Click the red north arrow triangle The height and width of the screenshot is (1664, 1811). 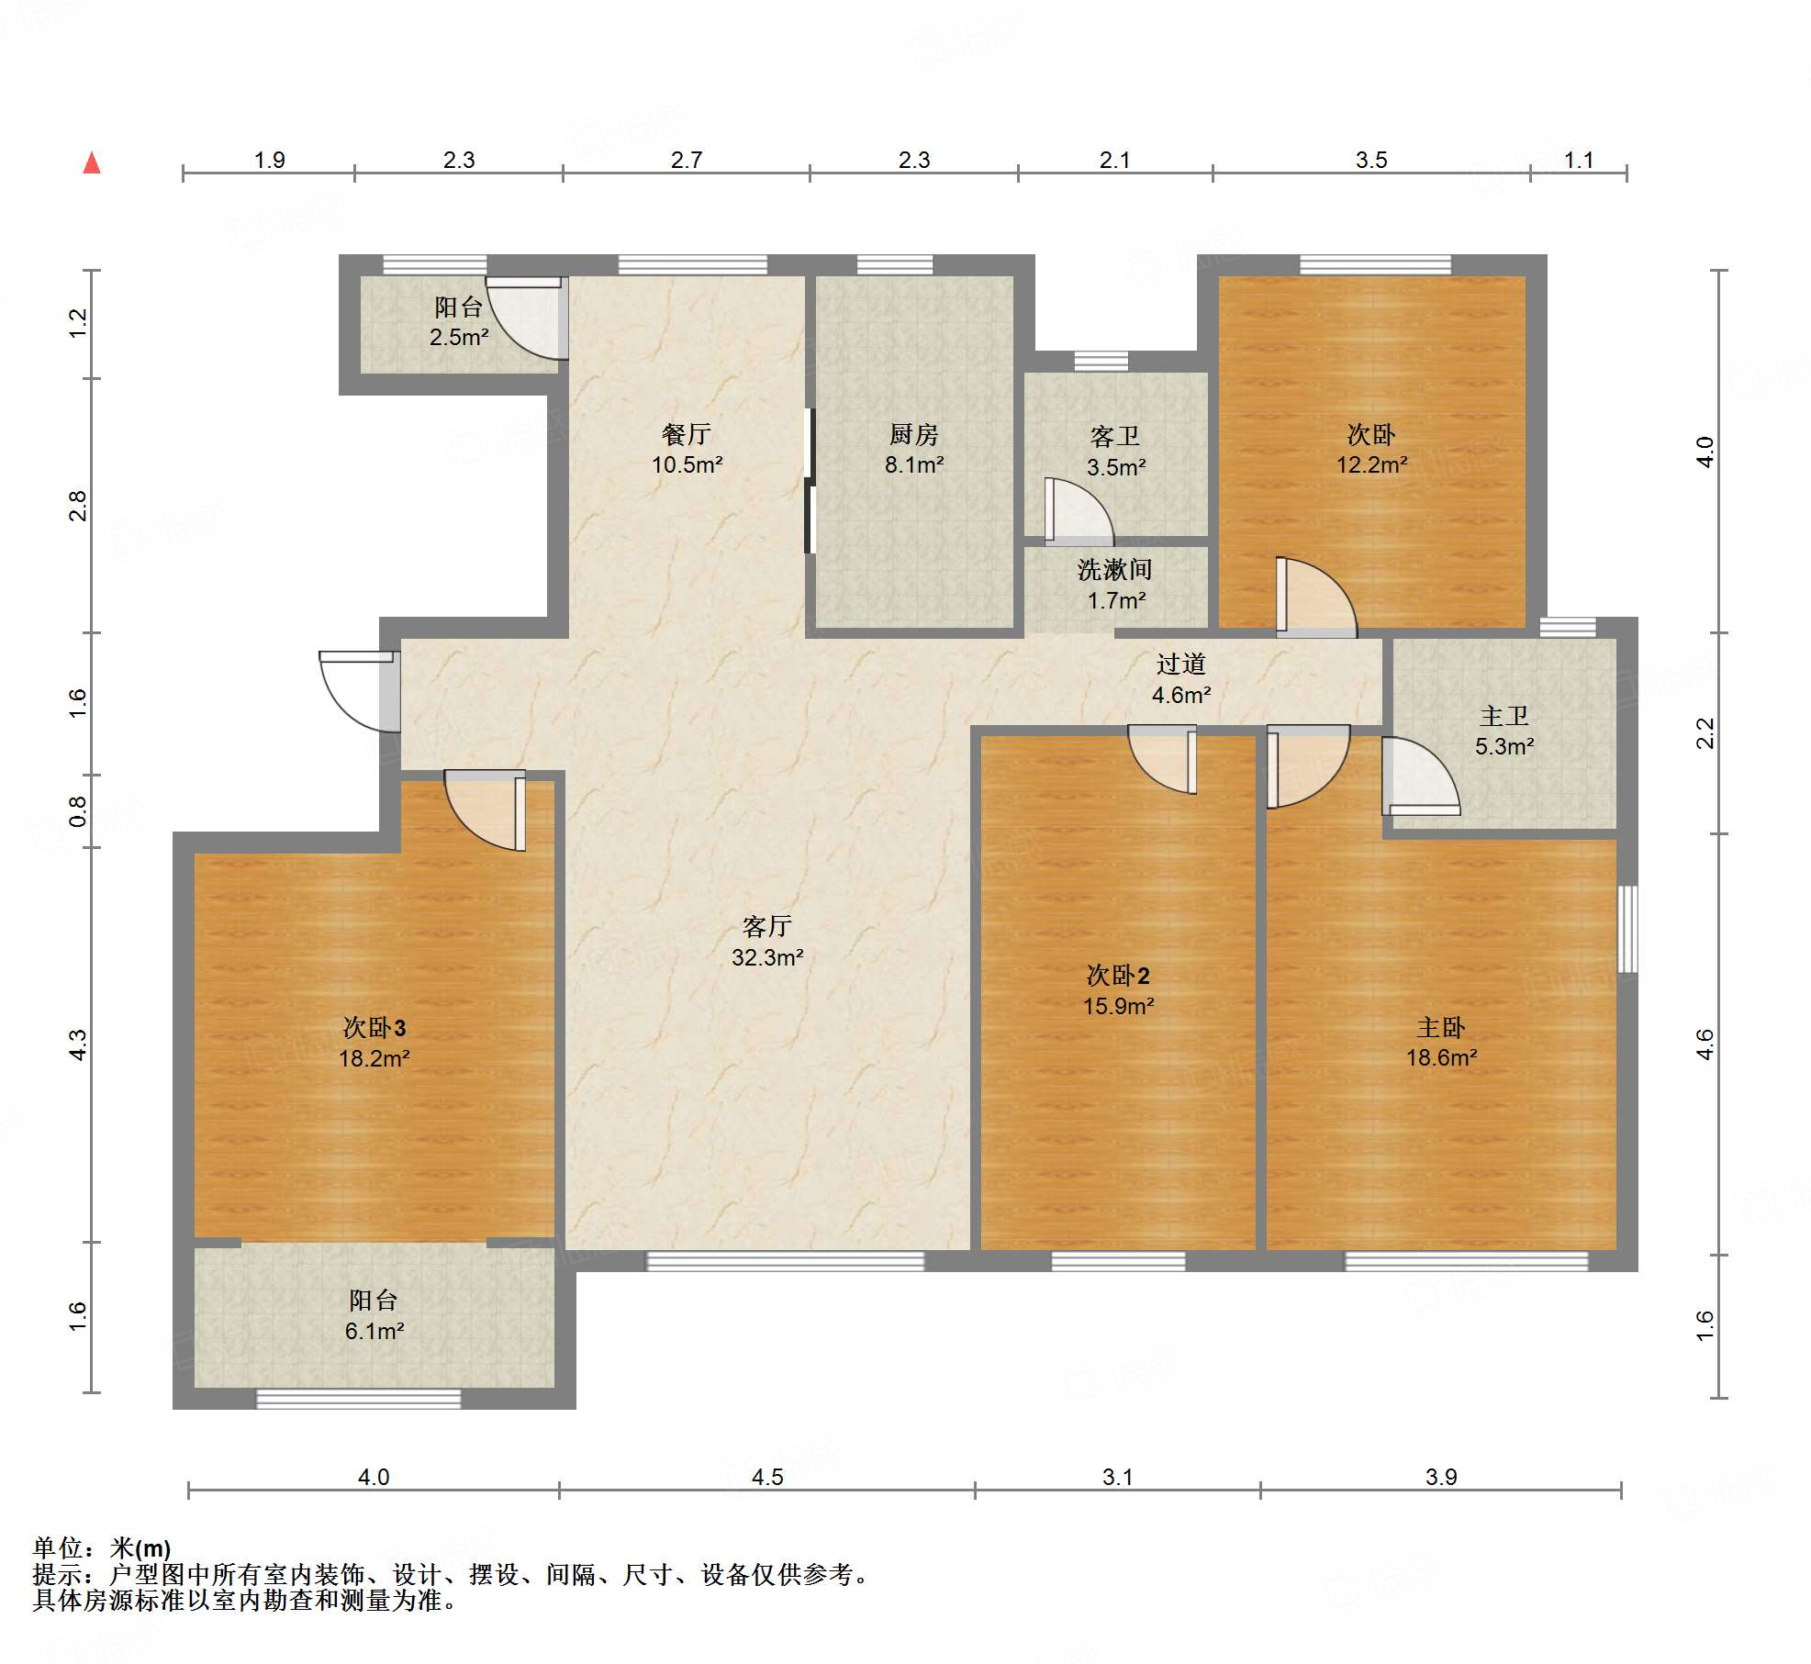[92, 163]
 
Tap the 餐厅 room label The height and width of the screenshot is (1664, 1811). [687, 433]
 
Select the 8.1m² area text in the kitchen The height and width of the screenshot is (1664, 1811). [914, 465]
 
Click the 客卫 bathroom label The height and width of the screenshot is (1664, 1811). [1115, 436]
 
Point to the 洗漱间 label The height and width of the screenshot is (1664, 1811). [1115, 570]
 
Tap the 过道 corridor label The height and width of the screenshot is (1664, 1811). [1181, 664]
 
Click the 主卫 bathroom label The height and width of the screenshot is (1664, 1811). [1504, 716]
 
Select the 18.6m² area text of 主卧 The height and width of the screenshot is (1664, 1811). [1442, 1057]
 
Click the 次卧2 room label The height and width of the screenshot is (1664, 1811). [1118, 975]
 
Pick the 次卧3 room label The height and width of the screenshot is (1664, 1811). [374, 1027]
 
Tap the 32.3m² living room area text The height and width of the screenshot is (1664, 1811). [767, 957]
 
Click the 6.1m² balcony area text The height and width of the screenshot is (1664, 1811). [374, 1331]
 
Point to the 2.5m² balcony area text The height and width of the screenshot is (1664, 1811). [459, 337]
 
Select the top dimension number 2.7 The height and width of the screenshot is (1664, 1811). [687, 161]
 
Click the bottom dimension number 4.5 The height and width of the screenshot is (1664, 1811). [767, 1477]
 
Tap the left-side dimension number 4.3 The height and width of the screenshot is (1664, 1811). [78, 1044]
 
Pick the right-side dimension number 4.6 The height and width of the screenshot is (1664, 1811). [1705, 1044]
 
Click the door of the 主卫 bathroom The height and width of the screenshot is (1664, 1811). [1421, 776]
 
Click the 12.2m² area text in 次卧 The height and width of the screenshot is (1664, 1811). [1371, 465]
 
